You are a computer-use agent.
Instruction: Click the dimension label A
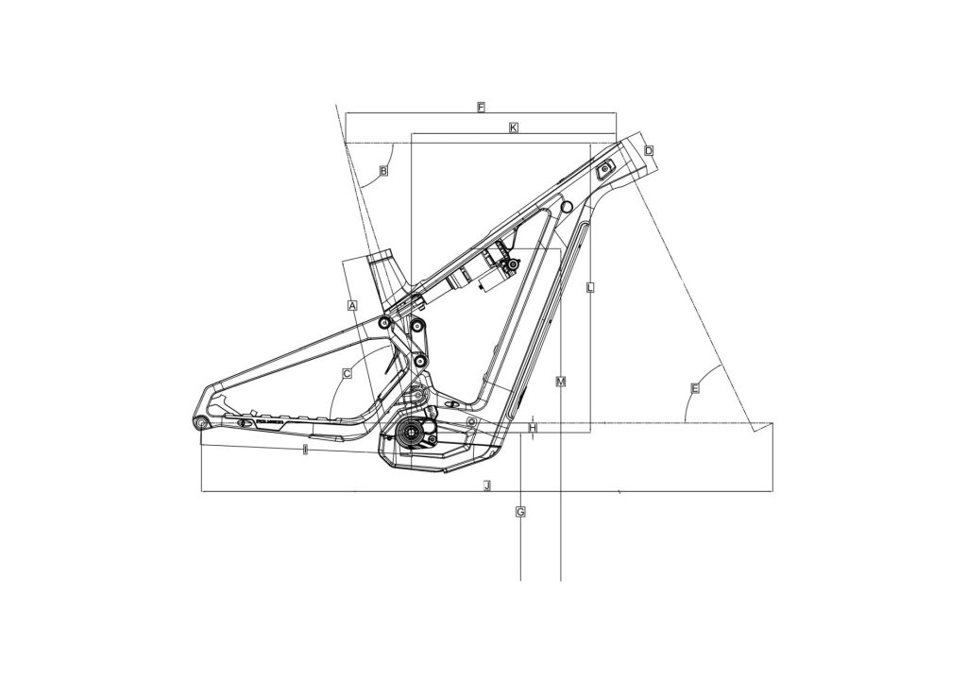(x=352, y=306)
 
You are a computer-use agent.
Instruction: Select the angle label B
(x=383, y=171)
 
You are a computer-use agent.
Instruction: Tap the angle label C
(x=347, y=374)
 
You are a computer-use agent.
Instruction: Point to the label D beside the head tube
(x=649, y=150)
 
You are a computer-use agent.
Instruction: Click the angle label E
(x=695, y=388)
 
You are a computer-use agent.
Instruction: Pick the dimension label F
(x=481, y=108)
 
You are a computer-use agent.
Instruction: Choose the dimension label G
(x=520, y=512)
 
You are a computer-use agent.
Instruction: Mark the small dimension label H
(x=533, y=427)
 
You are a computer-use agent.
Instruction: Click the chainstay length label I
(x=305, y=450)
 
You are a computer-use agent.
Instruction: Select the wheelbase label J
(x=487, y=485)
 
